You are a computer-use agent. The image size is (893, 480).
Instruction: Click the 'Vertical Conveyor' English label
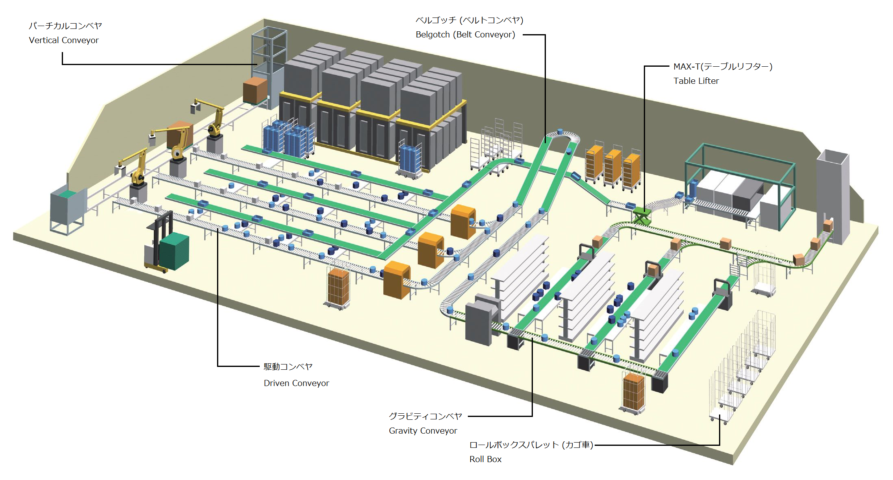click(x=64, y=40)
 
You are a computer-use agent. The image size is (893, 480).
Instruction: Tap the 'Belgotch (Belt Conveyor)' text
click(x=465, y=35)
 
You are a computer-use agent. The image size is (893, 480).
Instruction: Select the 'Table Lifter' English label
click(x=696, y=81)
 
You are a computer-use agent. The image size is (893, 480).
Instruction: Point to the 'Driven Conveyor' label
click(x=296, y=383)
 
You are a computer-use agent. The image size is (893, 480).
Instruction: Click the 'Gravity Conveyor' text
click(x=423, y=431)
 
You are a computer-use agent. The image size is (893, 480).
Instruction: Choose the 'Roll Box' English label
click(x=485, y=459)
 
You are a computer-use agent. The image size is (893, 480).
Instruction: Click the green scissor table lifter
click(x=641, y=214)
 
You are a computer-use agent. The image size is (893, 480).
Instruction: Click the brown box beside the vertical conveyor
click(x=255, y=90)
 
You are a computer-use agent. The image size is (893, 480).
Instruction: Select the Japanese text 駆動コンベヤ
click(x=288, y=367)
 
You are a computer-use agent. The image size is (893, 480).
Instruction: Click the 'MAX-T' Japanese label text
click(x=723, y=66)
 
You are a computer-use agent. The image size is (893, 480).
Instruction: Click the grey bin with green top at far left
click(x=67, y=209)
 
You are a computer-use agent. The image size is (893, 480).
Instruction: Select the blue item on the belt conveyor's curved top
click(x=561, y=131)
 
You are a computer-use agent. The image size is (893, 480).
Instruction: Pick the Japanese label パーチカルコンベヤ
click(x=65, y=26)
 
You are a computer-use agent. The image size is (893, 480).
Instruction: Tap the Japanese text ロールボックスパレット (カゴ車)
click(x=531, y=445)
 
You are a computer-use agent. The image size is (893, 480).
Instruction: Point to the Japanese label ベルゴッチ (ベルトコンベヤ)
click(x=469, y=20)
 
